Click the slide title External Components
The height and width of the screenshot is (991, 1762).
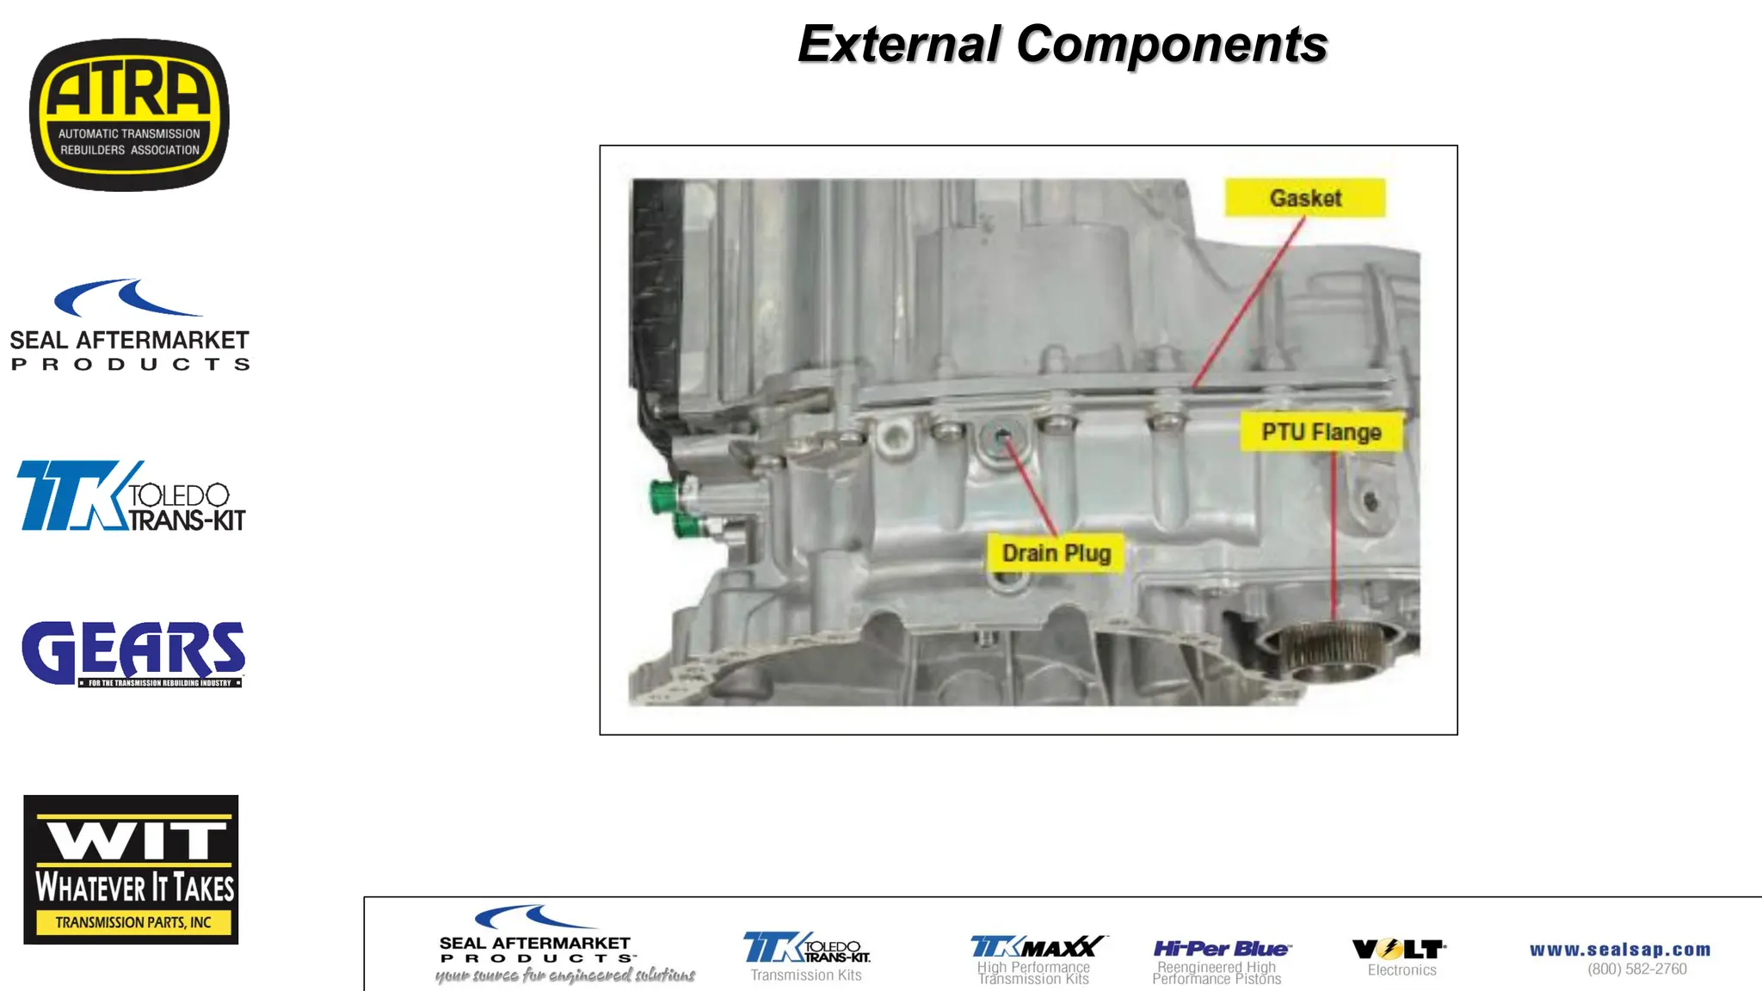click(x=1063, y=45)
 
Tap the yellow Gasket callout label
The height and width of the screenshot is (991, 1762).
click(x=1305, y=198)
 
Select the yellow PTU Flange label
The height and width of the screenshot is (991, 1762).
click(x=1321, y=432)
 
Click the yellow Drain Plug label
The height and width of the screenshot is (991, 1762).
click(x=1057, y=553)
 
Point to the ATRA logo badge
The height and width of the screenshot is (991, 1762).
click(x=129, y=114)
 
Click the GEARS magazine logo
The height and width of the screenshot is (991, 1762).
click(x=133, y=654)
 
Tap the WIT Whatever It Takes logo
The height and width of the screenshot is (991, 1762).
click(x=131, y=869)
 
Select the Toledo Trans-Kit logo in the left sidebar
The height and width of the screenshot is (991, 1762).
click(x=131, y=496)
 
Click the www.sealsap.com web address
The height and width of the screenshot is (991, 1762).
click(x=1620, y=950)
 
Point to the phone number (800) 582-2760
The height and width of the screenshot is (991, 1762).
click(x=1637, y=969)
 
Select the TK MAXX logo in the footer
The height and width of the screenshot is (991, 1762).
click(x=1037, y=947)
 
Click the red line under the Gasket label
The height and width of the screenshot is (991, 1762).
click(x=1248, y=301)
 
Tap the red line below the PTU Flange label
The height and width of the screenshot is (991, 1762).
click(x=1334, y=533)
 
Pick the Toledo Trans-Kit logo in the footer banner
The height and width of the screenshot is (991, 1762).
click(x=806, y=948)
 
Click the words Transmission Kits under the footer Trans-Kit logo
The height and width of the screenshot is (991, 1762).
click(x=806, y=976)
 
